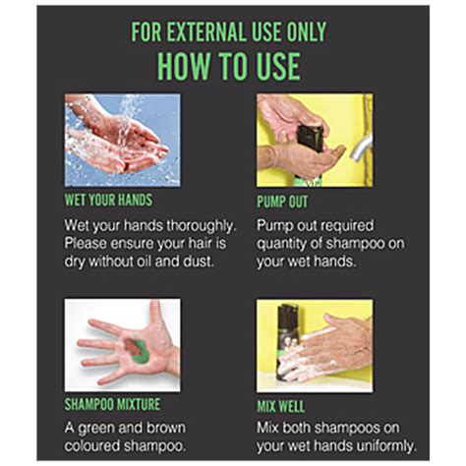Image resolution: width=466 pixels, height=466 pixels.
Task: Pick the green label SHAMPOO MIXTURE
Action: coord(113,402)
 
